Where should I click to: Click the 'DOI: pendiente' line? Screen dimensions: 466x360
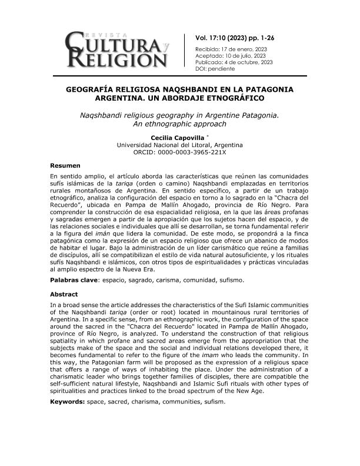pyautogui.click(x=214, y=69)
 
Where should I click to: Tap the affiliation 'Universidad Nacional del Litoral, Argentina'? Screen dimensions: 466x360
pyautogui.click(x=179, y=144)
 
